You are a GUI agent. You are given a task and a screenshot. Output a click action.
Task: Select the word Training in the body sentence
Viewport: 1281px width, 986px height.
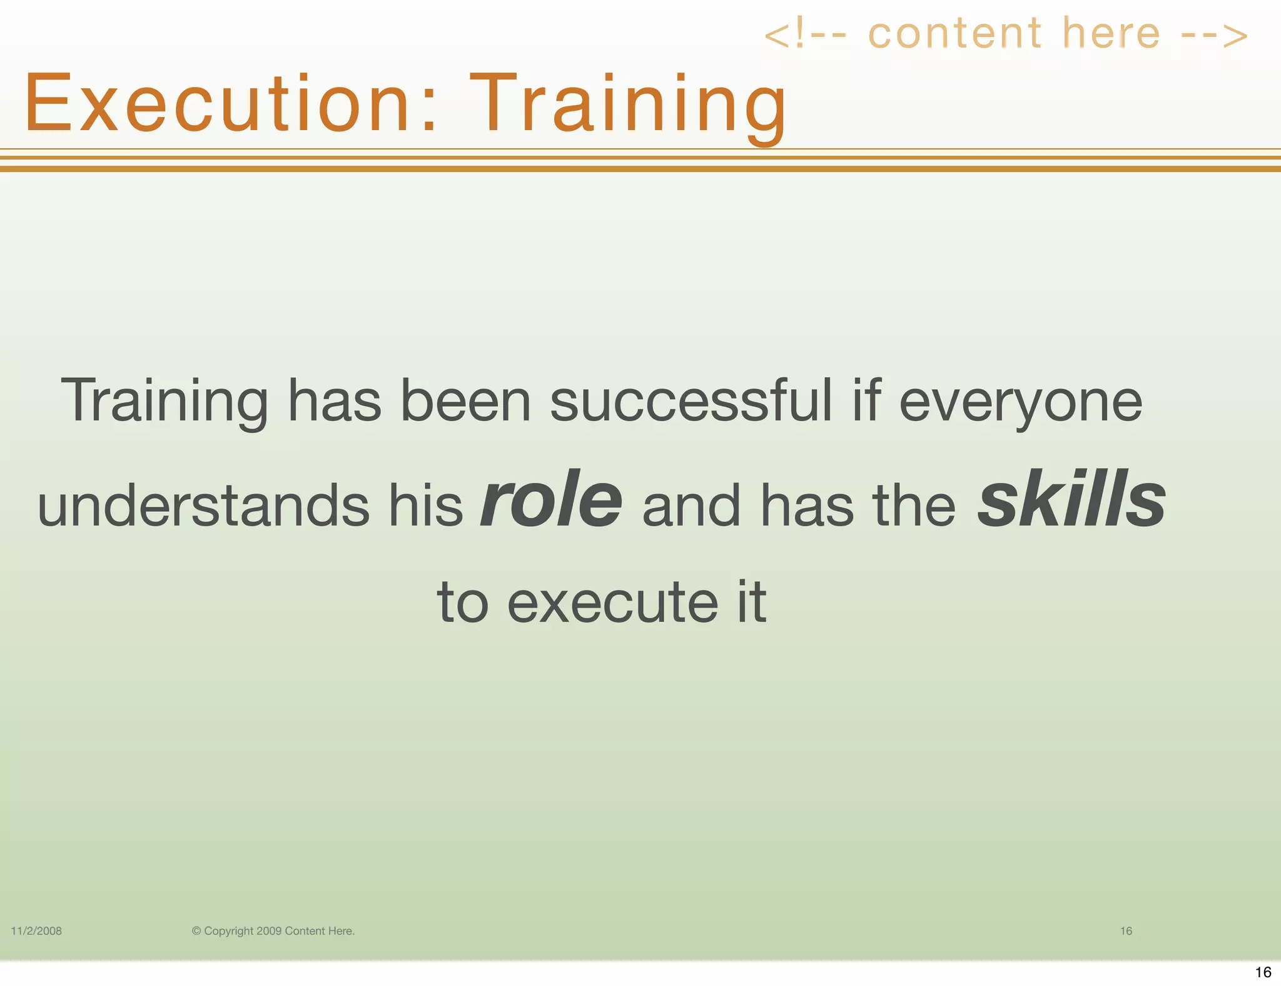(x=165, y=402)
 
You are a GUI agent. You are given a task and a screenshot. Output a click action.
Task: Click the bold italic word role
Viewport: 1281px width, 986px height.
(x=550, y=500)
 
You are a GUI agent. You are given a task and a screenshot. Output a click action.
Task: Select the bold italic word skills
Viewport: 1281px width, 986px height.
(x=1071, y=500)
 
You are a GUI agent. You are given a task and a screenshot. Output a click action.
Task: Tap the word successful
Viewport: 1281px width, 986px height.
(x=691, y=401)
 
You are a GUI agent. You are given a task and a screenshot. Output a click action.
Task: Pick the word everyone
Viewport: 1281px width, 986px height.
(x=1020, y=402)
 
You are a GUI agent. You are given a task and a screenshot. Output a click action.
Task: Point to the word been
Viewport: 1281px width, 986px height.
(x=465, y=401)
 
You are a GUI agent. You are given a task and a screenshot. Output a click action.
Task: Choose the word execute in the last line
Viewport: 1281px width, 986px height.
(x=612, y=602)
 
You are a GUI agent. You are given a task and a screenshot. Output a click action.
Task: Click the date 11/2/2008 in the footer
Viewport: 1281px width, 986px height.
(x=36, y=931)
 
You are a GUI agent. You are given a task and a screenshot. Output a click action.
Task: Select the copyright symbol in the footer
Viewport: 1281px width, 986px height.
(x=196, y=931)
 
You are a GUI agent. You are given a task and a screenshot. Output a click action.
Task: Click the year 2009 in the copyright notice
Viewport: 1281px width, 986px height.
(x=269, y=931)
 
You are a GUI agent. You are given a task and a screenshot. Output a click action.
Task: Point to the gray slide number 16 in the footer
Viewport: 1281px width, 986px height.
(x=1126, y=931)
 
